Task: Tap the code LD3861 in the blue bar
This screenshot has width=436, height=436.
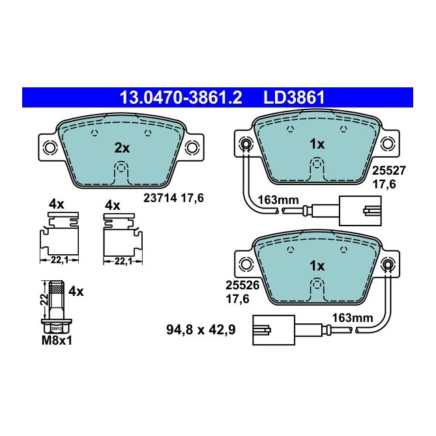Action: coord(294,98)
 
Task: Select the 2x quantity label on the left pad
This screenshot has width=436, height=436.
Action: coord(122,148)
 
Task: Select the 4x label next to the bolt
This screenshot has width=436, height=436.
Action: coord(76,291)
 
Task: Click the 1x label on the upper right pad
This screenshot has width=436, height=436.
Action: coord(316,143)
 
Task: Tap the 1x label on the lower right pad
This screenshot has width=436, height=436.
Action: coord(316,265)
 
